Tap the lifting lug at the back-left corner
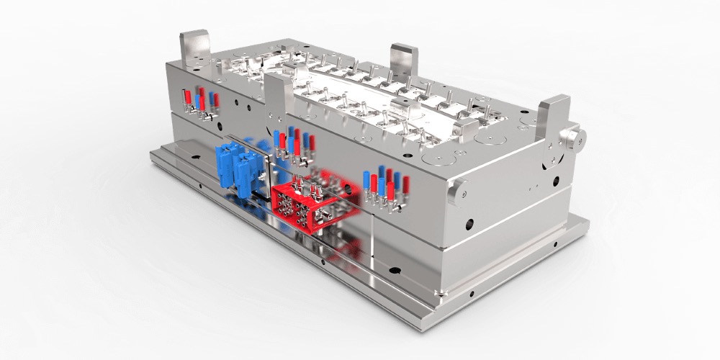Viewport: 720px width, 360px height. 194,46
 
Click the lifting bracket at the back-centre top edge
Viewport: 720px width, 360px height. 404,60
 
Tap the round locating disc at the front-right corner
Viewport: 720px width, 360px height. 455,192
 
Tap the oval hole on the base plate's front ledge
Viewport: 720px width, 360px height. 393,271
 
